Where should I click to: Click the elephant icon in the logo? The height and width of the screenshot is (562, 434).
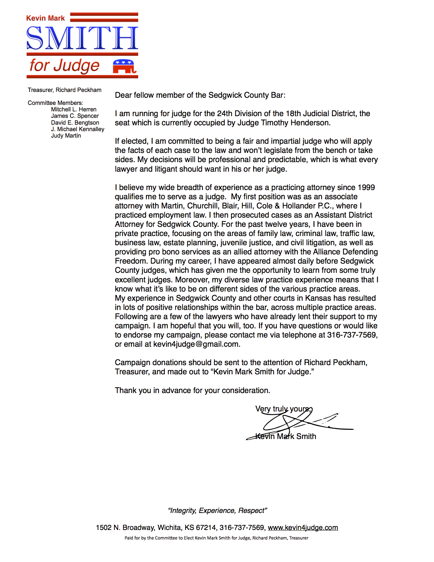(124, 66)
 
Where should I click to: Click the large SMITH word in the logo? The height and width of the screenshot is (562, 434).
(82, 38)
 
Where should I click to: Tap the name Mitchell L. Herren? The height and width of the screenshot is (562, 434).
(74, 109)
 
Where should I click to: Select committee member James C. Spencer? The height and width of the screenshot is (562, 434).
(75, 116)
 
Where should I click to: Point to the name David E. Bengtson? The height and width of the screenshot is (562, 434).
(75, 123)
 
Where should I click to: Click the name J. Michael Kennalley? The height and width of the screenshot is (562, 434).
(78, 129)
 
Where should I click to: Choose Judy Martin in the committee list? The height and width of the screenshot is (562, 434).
(66, 136)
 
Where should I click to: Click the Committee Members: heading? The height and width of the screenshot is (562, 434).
(55, 103)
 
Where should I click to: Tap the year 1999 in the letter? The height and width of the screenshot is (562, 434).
(366, 187)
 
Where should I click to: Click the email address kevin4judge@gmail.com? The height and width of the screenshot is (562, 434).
(196, 344)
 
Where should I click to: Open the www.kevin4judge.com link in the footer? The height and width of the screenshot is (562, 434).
(303, 528)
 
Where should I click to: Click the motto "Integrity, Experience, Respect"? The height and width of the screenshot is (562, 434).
(217, 511)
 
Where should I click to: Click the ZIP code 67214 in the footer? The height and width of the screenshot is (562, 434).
(206, 528)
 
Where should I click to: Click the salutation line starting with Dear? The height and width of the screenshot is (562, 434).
(200, 95)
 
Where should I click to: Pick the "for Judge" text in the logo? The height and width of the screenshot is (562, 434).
(65, 65)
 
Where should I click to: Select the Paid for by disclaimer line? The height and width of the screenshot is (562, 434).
(216, 538)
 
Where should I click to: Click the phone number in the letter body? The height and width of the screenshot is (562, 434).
(352, 335)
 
